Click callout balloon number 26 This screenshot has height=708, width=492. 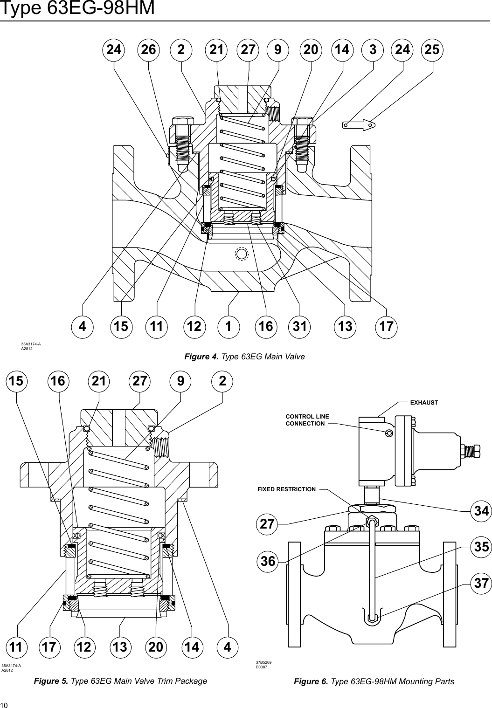(148, 50)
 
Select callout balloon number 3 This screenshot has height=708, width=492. (373, 50)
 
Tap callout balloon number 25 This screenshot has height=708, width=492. (432, 50)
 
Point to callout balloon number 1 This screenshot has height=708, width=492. (229, 327)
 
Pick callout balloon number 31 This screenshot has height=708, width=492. (300, 327)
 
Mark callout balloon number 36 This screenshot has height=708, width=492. (268, 562)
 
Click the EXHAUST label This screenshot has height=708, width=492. (424, 402)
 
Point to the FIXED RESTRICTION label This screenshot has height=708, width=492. (286, 489)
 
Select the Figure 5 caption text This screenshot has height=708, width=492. (121, 681)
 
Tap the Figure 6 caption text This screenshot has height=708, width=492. (374, 682)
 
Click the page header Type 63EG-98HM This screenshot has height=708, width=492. (77, 8)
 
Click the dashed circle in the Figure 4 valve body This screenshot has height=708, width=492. (241, 254)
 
